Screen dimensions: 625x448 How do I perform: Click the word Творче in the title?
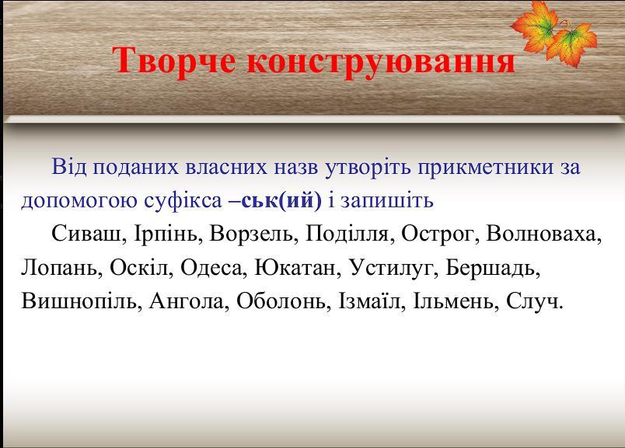173,61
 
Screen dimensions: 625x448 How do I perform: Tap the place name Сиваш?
86,234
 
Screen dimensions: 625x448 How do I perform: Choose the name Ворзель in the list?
251,234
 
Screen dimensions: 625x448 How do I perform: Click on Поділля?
347,234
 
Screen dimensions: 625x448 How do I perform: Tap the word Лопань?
59,268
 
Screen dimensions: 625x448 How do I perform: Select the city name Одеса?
211,268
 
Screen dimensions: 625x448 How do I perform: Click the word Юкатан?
298,268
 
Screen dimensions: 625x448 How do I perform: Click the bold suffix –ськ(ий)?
275,200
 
